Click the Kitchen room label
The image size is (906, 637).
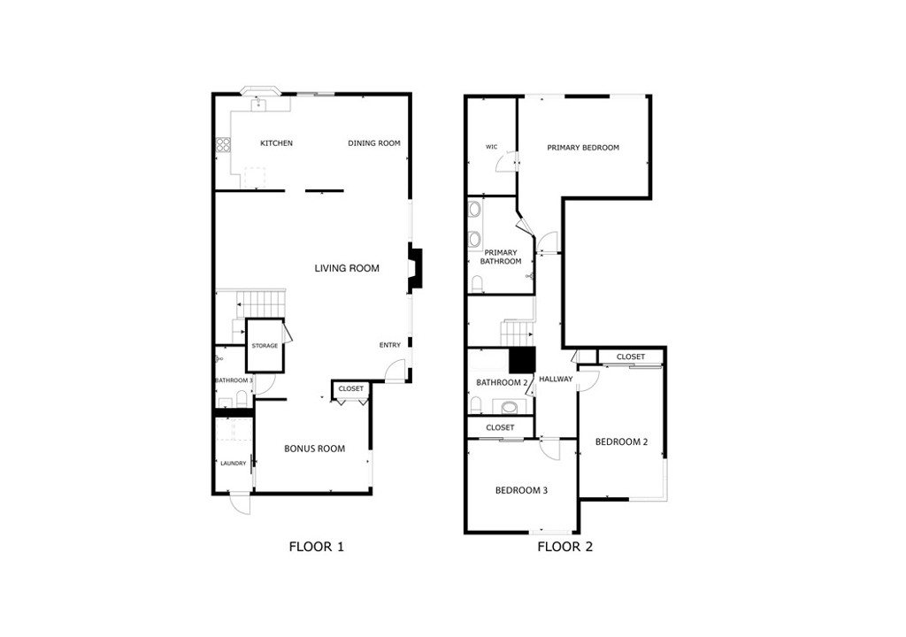click(276, 143)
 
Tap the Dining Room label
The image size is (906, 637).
click(374, 143)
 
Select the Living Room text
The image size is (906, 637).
click(347, 268)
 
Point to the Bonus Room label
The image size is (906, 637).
click(314, 449)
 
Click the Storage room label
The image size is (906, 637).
click(265, 346)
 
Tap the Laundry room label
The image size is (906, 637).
click(234, 464)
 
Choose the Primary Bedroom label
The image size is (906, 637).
click(583, 148)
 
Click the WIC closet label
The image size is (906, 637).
click(492, 147)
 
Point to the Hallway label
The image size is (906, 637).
click(556, 380)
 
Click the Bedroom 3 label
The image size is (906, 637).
click(521, 490)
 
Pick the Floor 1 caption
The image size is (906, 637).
click(316, 547)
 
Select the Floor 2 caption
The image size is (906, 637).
click(565, 547)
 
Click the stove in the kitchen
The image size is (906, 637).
click(223, 146)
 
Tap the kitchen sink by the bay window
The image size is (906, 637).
click(261, 104)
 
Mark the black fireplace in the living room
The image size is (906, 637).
click(415, 268)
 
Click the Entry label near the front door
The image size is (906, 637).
click(390, 345)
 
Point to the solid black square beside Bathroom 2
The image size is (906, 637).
click(523, 361)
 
